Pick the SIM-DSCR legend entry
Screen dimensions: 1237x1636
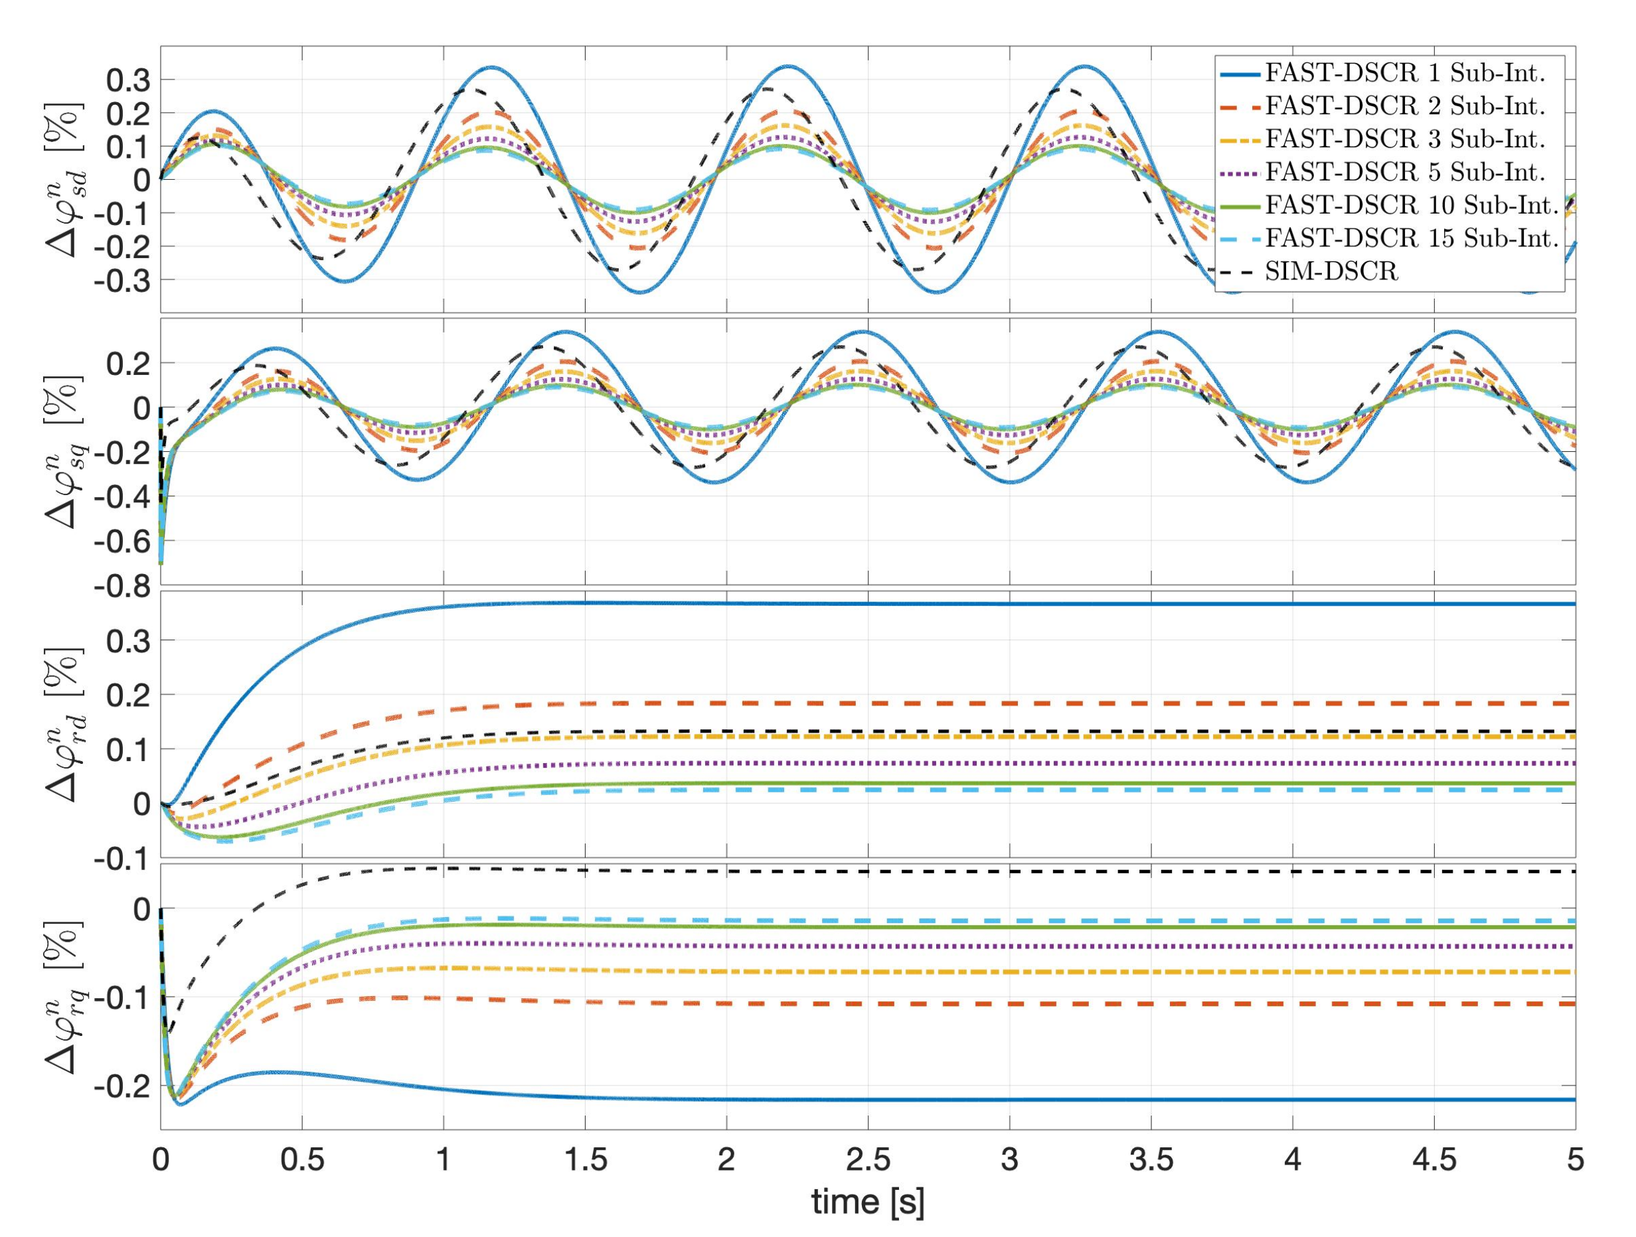1331,272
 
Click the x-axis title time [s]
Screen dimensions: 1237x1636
868,1202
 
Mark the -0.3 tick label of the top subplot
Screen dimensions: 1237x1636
124,280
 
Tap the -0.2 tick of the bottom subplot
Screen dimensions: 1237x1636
124,1086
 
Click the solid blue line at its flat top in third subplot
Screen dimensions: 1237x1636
1035,604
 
